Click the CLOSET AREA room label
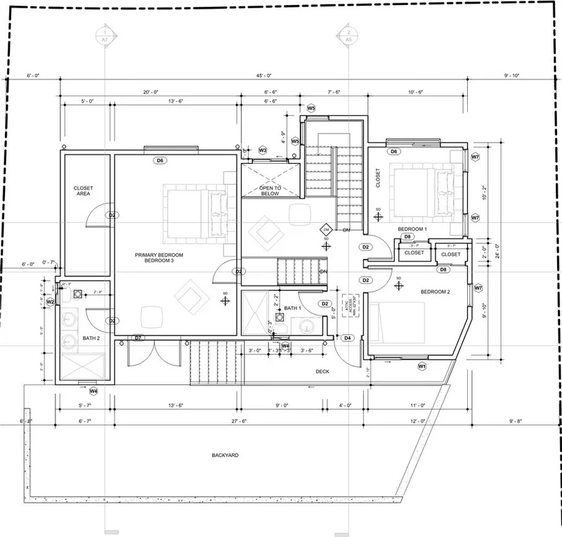[84, 191]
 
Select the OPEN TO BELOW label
[270, 191]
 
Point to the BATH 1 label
[293, 309]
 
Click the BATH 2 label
[91, 338]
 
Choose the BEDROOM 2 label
[435, 291]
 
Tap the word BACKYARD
[226, 455]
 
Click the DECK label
[322, 372]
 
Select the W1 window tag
[422, 366]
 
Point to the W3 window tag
[263, 150]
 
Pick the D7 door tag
[138, 338]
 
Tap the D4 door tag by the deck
[348, 338]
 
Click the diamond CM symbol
[326, 229]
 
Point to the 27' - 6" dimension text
[239, 421]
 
